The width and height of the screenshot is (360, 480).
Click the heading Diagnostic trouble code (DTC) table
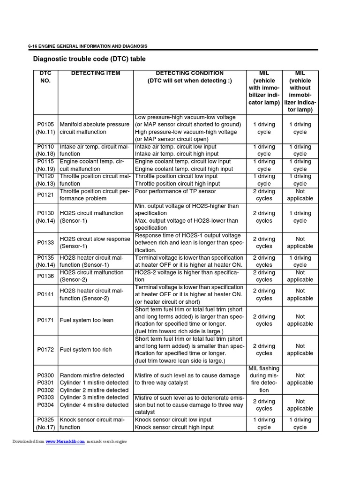coord(89,59)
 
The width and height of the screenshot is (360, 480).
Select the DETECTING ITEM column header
coord(96,73)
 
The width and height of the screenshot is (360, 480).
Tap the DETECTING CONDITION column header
coord(189,77)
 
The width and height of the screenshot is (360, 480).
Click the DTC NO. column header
coord(45,77)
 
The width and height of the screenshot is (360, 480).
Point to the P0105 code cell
coord(45,128)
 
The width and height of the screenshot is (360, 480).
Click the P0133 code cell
coord(45,242)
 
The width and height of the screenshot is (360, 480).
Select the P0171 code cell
coord(45,320)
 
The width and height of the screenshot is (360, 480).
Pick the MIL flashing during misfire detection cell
coord(264,379)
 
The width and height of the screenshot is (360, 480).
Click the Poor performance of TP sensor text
coord(176,191)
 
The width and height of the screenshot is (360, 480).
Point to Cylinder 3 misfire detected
coord(94,397)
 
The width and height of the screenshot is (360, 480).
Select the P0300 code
coord(45,375)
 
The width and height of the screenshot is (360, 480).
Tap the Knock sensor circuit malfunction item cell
coord(92,423)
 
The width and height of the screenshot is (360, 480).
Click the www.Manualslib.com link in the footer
coord(65,442)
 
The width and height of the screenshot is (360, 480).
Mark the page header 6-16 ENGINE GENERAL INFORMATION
coord(88,46)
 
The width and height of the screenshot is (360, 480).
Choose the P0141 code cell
coord(45,294)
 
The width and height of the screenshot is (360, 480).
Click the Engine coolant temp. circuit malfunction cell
coord(90,165)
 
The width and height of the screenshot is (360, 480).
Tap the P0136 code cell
coord(45,276)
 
